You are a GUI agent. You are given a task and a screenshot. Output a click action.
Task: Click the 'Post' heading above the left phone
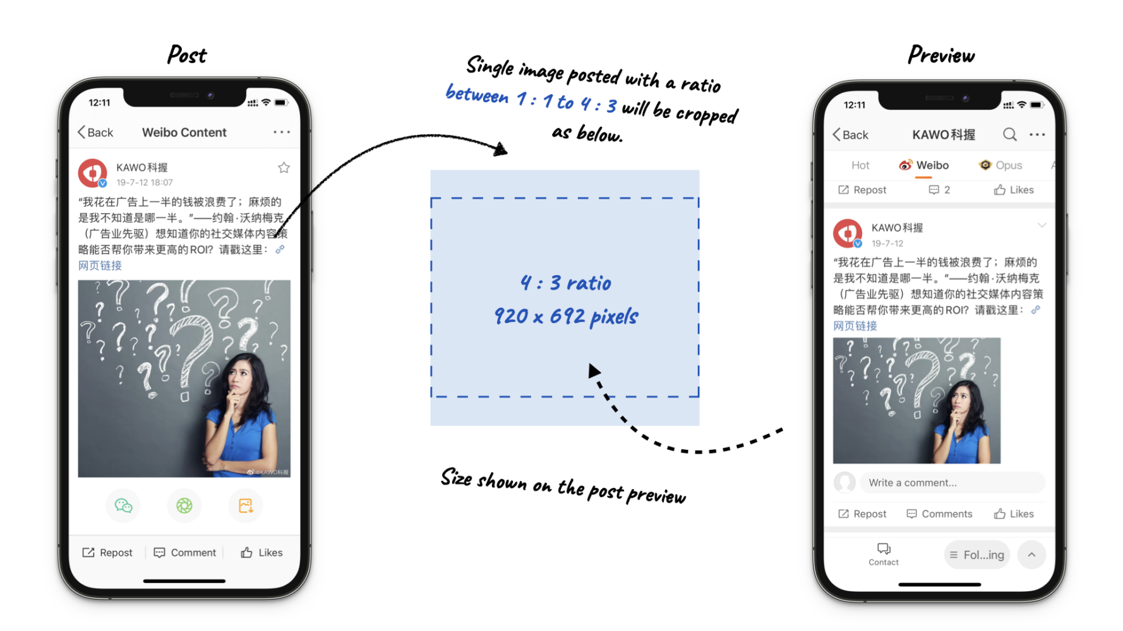click(187, 55)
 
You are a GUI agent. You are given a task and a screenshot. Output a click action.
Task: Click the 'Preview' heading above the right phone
click(941, 56)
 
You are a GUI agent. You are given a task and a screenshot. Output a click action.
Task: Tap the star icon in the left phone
click(284, 167)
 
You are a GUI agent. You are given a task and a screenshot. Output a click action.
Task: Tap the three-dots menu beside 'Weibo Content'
click(282, 132)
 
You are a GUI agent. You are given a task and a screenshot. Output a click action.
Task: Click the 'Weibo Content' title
click(184, 133)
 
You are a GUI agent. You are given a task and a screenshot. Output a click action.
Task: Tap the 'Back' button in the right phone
click(850, 134)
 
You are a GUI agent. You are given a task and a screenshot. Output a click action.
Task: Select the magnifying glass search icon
click(1009, 134)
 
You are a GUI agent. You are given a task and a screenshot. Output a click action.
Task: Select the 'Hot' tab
click(860, 165)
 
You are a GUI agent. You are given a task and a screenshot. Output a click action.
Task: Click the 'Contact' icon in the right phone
click(884, 553)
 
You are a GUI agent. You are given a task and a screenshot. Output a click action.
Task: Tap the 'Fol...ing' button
click(977, 555)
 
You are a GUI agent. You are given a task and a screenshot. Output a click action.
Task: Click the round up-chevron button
click(1031, 555)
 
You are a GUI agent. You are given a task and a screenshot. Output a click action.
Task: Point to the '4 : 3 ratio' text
click(566, 283)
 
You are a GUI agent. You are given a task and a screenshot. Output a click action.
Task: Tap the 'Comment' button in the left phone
click(185, 553)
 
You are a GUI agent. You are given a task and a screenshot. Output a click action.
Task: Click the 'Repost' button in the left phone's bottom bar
click(107, 553)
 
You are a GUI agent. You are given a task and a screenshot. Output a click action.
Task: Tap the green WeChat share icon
click(123, 505)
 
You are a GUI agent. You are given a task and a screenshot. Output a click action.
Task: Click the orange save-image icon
click(246, 505)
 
